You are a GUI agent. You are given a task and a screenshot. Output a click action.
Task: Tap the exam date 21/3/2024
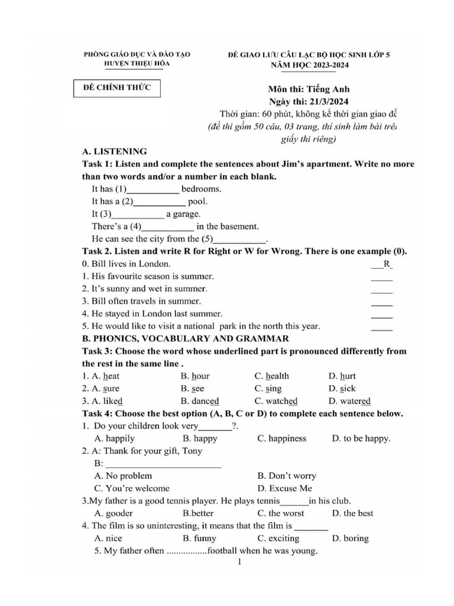coord(330,101)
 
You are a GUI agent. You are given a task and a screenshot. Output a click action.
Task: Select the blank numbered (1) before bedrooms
coord(153,190)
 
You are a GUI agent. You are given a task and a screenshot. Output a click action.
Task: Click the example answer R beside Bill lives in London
coord(387,264)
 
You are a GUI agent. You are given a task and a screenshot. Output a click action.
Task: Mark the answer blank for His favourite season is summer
coord(382,276)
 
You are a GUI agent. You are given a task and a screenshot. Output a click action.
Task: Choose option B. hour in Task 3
coord(195,376)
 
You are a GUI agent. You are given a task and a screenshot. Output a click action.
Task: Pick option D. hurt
coord(342,376)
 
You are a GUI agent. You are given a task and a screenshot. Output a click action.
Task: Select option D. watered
coord(351,401)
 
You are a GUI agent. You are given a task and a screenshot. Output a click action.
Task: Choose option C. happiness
coord(282,439)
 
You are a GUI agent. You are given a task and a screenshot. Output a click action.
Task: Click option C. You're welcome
coord(132,488)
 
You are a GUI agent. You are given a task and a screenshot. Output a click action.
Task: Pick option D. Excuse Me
coord(285,488)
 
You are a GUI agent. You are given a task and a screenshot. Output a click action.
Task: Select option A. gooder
coord(113,513)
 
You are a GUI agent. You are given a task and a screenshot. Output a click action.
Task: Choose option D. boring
coord(350,539)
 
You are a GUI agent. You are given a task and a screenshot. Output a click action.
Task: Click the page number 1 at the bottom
coord(239,563)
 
